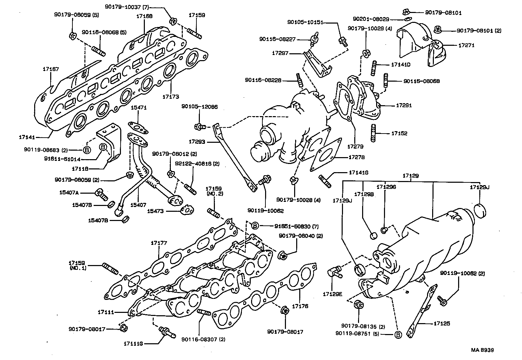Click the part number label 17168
(x=144, y=16)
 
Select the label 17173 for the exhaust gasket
(x=171, y=97)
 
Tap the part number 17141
(x=27, y=137)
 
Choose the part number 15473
(x=155, y=211)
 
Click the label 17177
(x=159, y=243)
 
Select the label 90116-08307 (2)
(x=203, y=339)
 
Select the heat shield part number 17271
(x=466, y=45)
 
